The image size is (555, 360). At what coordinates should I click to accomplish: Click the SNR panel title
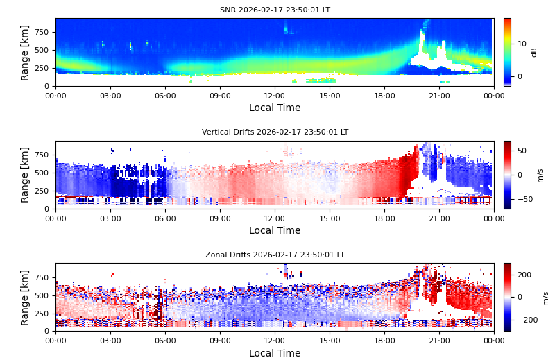(275, 10)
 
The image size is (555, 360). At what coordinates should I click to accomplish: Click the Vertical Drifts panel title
(275, 132)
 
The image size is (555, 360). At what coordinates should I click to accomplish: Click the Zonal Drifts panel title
(275, 255)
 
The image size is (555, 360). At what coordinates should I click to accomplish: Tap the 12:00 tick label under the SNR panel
(275, 96)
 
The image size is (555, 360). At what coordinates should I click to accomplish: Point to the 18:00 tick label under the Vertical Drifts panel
(384, 218)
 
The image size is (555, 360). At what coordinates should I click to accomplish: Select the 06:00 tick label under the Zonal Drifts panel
(165, 341)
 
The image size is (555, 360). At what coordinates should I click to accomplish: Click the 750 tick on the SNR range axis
(40, 32)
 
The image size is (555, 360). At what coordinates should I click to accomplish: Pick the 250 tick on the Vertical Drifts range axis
(40, 191)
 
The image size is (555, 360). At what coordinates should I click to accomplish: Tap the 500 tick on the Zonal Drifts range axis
(40, 295)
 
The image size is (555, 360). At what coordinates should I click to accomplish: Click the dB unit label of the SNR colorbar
(534, 52)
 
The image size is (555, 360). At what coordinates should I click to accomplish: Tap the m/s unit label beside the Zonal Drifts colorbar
(546, 298)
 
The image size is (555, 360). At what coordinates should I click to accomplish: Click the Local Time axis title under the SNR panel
(275, 108)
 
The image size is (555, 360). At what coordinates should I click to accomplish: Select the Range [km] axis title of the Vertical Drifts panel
(25, 175)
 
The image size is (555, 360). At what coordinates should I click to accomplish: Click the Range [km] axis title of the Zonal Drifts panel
(25, 297)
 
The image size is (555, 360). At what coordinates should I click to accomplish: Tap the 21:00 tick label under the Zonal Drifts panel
(439, 341)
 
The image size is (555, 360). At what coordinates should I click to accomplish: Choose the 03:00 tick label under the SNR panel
(110, 96)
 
